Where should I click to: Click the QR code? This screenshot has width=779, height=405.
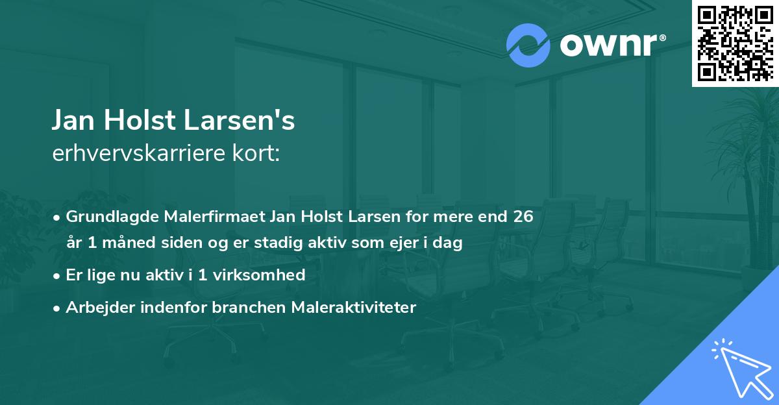735,43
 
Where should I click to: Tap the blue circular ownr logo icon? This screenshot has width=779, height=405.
528,45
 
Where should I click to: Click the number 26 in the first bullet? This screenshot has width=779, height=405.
523,216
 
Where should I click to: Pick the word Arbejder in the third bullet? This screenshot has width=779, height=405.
95,307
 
